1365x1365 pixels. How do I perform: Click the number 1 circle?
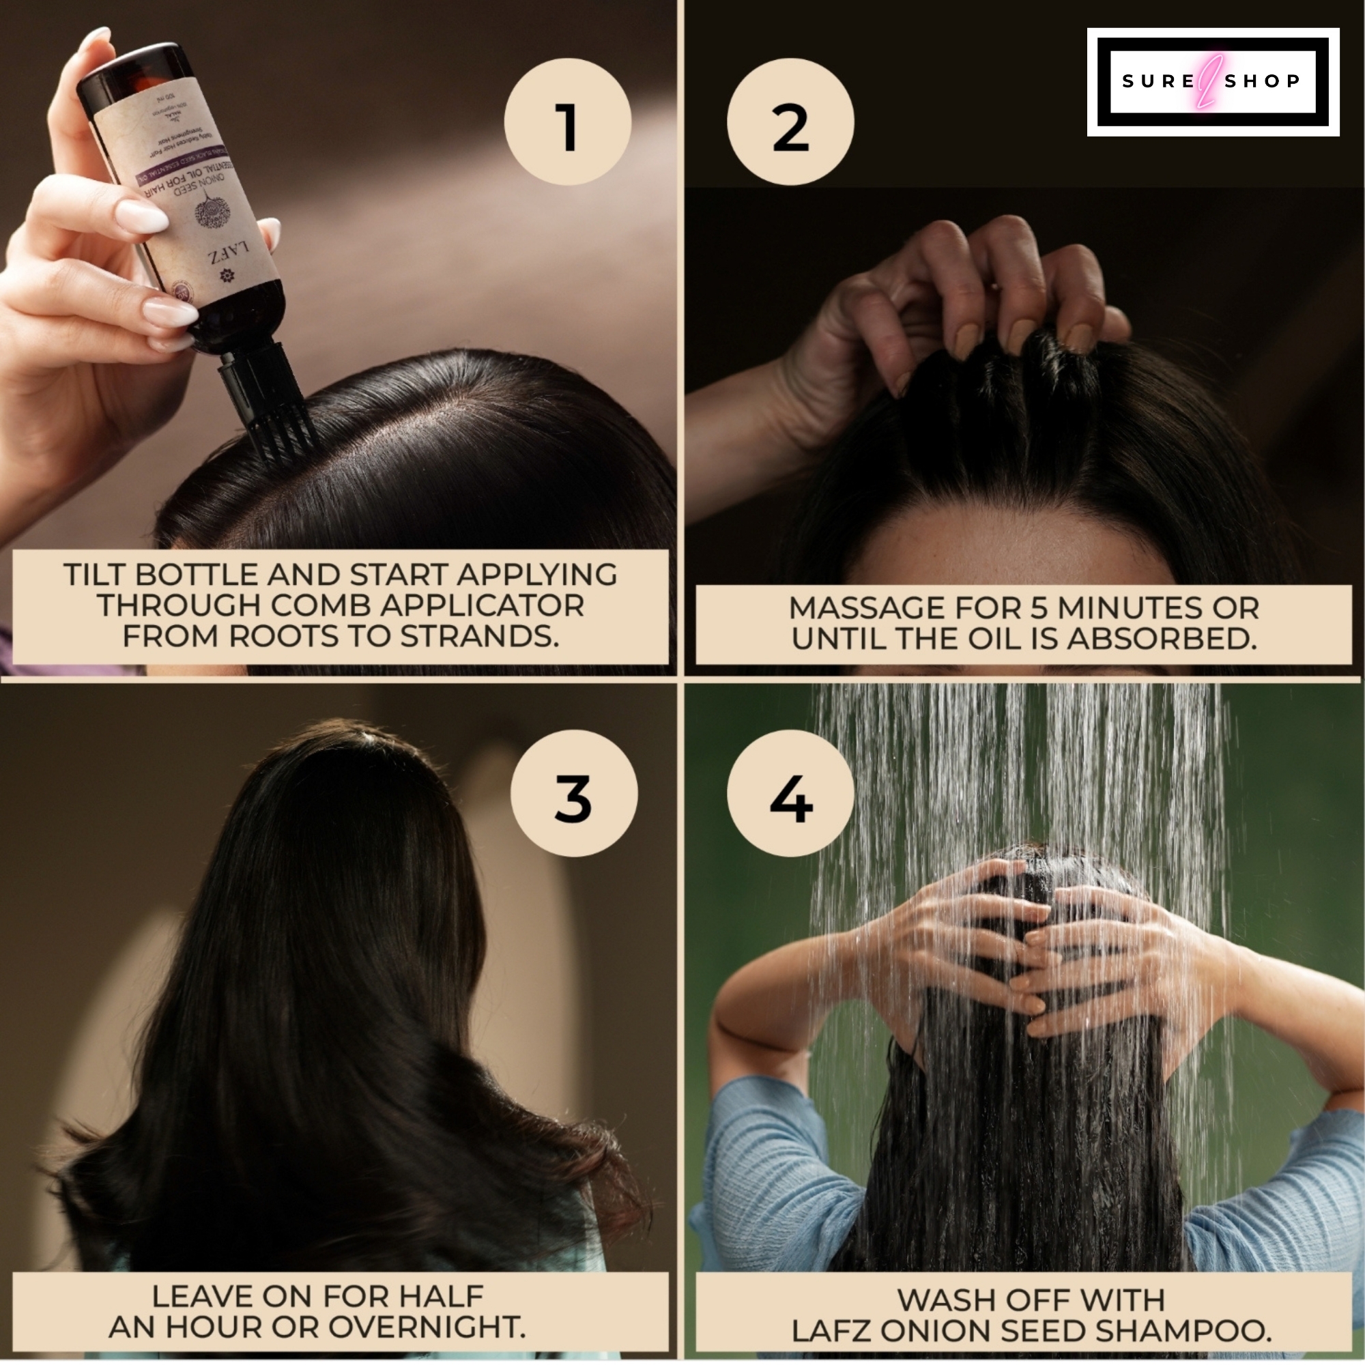coord(567,122)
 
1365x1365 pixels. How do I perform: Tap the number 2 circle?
coord(790,122)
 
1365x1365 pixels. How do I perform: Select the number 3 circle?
coord(574,792)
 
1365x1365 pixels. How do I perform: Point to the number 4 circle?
coord(790,792)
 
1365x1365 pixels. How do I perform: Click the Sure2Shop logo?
coord(1212,82)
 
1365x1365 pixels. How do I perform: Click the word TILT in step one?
coord(94,575)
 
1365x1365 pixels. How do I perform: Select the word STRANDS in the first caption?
coord(480,636)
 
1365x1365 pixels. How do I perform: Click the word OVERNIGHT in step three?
coord(427,1327)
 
